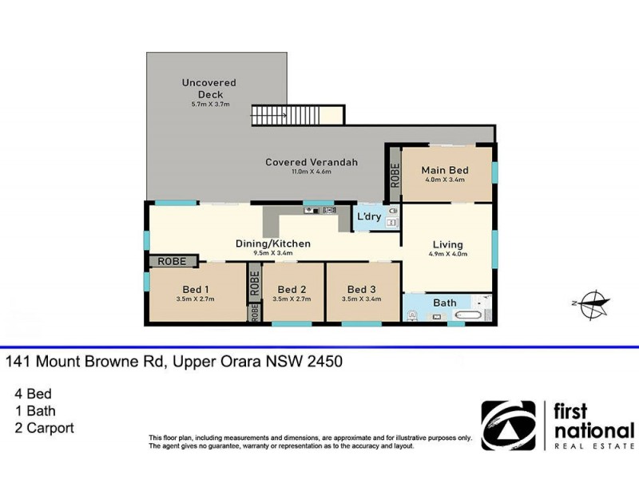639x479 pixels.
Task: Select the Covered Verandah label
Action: [312, 162]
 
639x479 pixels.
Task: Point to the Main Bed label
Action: [445, 171]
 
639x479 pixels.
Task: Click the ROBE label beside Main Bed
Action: [394, 174]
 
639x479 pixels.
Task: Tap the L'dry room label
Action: [368, 216]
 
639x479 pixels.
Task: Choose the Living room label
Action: [447, 245]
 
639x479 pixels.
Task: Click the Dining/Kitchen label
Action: [272, 243]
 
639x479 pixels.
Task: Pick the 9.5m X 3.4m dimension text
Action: [272, 254]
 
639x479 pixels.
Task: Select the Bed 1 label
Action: [196, 289]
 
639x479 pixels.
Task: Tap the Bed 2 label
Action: [292, 289]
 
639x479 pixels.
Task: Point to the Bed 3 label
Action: [361, 289]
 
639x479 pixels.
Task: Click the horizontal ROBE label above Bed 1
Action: [171, 261]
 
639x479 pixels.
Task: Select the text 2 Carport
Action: [45, 428]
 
